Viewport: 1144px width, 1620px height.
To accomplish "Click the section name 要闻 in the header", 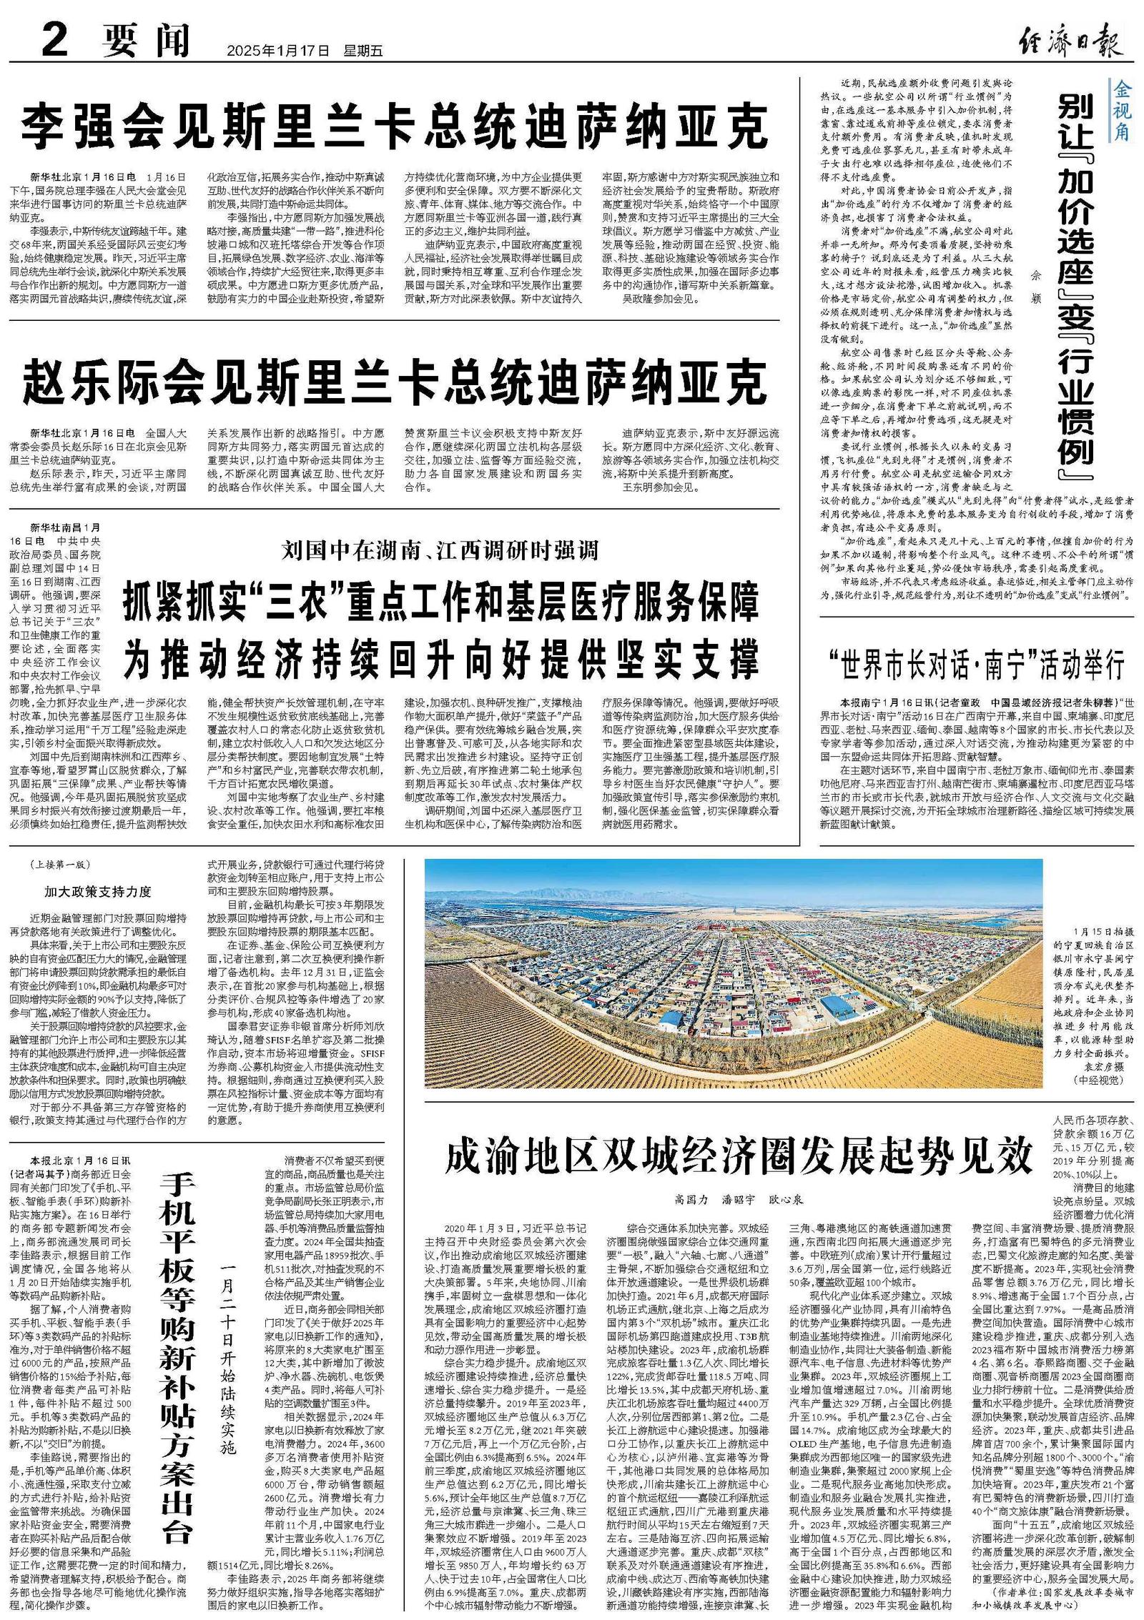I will point(146,40).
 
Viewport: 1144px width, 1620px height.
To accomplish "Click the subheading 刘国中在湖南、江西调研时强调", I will point(440,550).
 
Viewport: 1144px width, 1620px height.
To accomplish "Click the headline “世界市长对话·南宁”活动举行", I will point(976,665).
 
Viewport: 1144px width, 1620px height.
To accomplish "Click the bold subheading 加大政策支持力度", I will point(98,891).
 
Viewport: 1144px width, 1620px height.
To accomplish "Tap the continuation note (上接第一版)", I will point(61,865).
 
